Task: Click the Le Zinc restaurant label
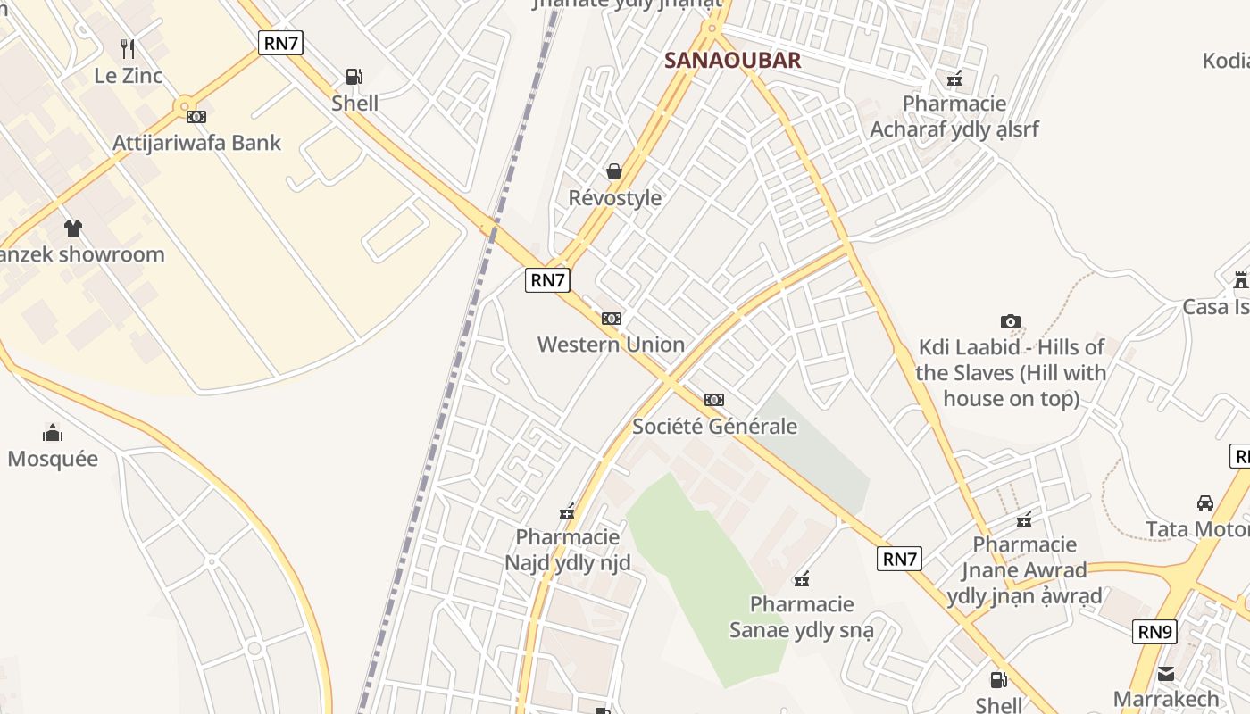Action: [129, 76]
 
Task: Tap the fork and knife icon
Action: [128, 49]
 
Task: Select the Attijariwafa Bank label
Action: [196, 143]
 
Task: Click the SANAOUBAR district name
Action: [732, 61]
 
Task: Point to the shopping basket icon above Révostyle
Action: [614, 171]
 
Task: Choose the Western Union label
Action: [611, 345]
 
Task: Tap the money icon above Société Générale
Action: [714, 399]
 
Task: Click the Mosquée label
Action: [53, 459]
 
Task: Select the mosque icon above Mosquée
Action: [53, 434]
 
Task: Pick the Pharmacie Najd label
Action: [568, 550]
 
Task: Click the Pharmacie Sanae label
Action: [802, 618]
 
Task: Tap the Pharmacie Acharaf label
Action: [954, 117]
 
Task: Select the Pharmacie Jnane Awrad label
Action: [1024, 570]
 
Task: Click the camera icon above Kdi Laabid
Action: [1011, 321]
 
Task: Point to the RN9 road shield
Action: [1155, 632]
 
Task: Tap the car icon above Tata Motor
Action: [1205, 503]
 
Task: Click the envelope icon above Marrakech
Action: [1166, 673]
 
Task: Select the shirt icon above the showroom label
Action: [73, 228]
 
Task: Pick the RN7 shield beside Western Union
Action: [548, 280]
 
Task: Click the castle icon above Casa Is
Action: [1240, 280]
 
